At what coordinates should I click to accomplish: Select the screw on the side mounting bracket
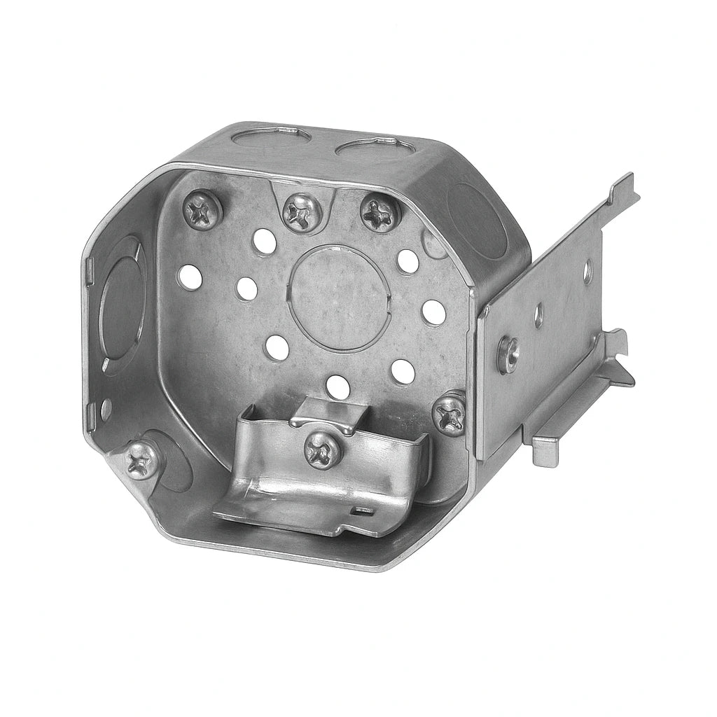[x=508, y=354]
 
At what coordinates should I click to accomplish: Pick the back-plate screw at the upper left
[x=202, y=208]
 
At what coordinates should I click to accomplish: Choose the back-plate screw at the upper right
[x=380, y=211]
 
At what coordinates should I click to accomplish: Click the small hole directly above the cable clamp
[x=337, y=387]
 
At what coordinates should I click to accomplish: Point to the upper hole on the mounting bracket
[x=587, y=271]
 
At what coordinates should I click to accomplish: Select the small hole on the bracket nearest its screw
[x=538, y=315]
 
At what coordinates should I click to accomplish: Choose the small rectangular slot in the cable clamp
[x=362, y=513]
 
